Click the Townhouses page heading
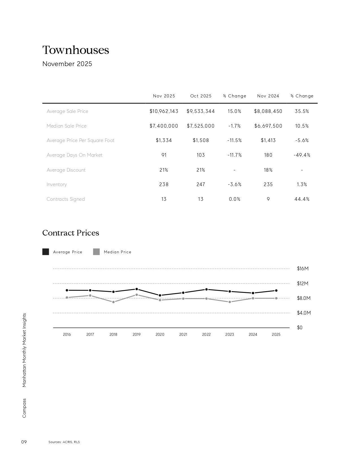[76, 50]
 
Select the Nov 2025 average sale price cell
[164, 111]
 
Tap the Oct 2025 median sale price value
[200, 126]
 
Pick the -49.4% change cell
[302, 155]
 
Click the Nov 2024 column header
[268, 96]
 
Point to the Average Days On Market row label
[75, 155]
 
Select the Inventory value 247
[200, 184]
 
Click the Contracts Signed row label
[66, 199]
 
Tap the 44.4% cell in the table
[302, 199]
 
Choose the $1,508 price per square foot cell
[200, 140]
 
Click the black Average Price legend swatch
[45, 252]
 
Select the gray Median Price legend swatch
[96, 252]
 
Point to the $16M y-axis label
[303, 269]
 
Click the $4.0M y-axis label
[304, 313]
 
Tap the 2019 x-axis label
[136, 334]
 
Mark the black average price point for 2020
[160, 295]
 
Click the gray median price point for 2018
[113, 302]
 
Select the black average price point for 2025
[276, 291]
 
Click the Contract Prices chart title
[71, 233]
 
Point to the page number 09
[24, 442]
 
